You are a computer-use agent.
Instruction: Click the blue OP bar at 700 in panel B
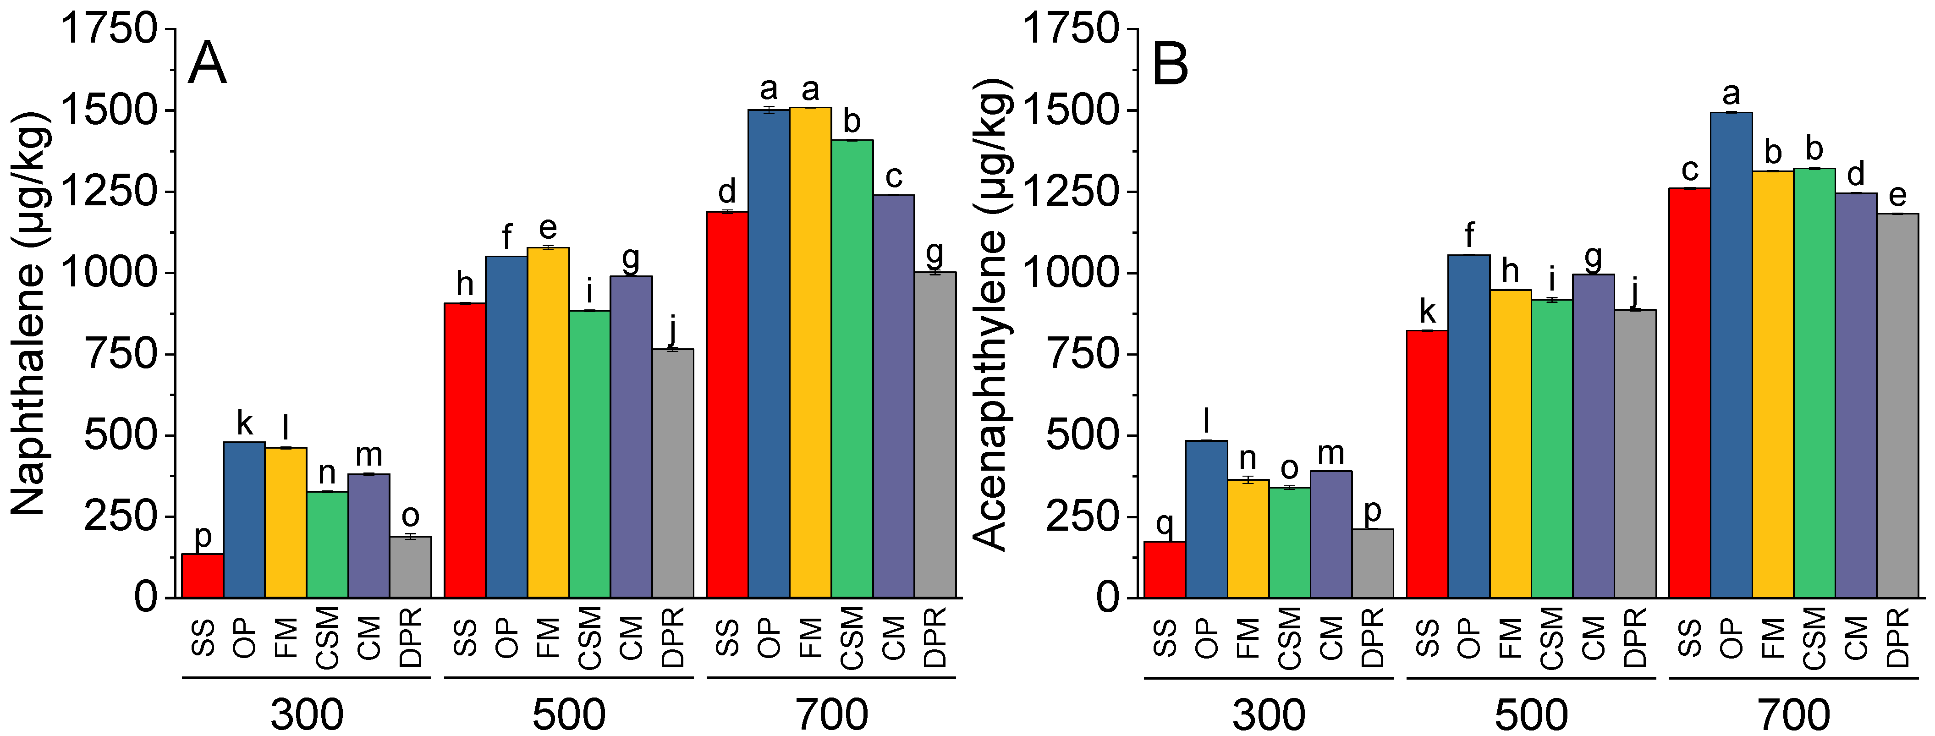point(1732,355)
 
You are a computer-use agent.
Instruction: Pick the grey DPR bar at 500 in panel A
point(673,473)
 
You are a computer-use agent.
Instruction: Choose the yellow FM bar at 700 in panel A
point(810,353)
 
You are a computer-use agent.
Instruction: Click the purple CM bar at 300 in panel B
point(1331,534)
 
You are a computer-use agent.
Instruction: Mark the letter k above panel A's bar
point(245,423)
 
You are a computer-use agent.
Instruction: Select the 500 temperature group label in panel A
point(569,714)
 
